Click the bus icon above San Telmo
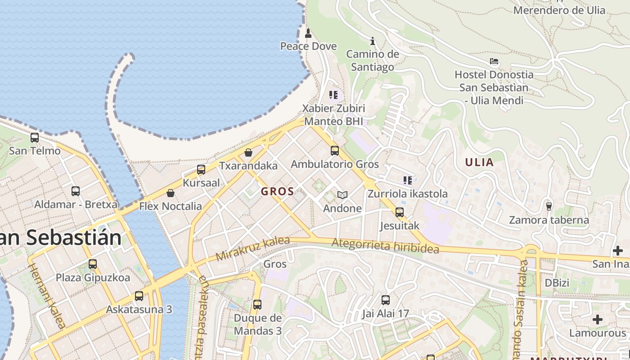click(x=35, y=138)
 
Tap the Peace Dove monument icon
click(x=308, y=33)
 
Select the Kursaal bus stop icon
click(x=201, y=170)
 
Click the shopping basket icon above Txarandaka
click(x=248, y=153)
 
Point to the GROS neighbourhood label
click(x=278, y=191)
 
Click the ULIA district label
click(x=479, y=162)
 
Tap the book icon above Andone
click(x=342, y=195)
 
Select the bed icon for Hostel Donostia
click(x=494, y=61)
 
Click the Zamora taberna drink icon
click(x=549, y=207)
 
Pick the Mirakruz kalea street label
click(x=252, y=248)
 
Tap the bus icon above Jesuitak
click(x=400, y=212)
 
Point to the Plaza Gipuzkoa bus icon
click(x=93, y=264)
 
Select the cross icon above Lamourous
click(x=598, y=319)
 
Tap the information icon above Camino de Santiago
click(x=373, y=41)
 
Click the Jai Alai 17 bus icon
click(x=386, y=300)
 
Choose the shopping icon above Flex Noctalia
click(x=171, y=193)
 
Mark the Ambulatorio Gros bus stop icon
click(x=335, y=151)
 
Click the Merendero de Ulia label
click(x=559, y=10)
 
